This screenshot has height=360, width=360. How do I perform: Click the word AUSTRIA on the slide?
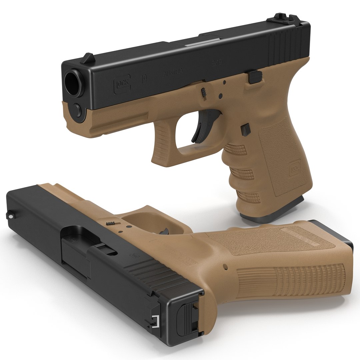(172, 72)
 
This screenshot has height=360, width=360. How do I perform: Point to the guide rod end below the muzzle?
(77, 109)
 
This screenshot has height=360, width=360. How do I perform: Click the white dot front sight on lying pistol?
(11, 217)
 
